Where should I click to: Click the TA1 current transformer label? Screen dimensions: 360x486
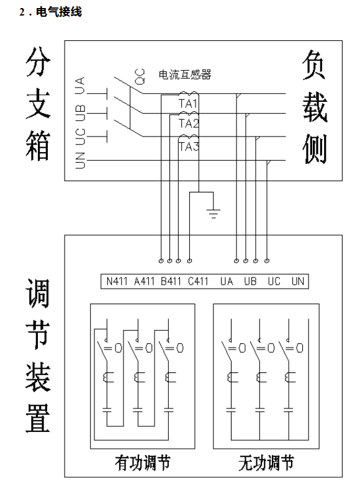[188, 104]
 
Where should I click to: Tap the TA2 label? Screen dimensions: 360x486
[189, 124]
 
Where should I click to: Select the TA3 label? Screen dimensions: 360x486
[189, 146]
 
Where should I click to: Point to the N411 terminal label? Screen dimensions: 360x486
[117, 281]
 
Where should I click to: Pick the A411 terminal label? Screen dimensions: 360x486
[144, 281]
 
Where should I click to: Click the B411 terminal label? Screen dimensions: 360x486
[171, 281]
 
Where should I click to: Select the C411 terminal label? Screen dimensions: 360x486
[198, 281]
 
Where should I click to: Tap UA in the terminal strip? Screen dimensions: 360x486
[227, 281]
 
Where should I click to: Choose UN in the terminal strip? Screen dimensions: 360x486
[298, 281]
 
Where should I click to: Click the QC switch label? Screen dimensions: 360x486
[140, 76]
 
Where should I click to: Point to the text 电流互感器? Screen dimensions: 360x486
[185, 74]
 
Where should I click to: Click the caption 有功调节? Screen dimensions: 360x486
[142, 463]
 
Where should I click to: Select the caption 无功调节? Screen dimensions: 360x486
[266, 463]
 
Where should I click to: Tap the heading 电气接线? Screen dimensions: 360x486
[59, 12]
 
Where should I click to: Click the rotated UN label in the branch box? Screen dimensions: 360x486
[80, 161]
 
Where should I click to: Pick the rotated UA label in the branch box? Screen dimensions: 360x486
[80, 86]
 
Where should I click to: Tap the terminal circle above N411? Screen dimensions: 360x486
[161, 261]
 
